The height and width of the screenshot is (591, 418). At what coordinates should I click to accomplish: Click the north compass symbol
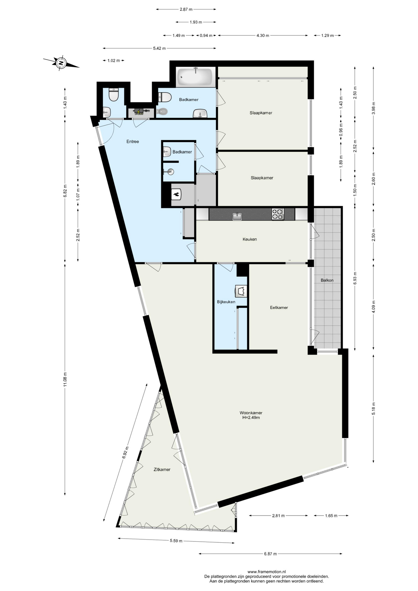pyautogui.click(x=61, y=63)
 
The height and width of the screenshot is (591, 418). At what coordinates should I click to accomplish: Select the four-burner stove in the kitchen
pyautogui.click(x=278, y=214)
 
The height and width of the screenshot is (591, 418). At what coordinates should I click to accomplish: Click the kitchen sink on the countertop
pyautogui.click(x=237, y=216)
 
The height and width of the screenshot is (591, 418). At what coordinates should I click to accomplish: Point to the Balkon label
pyautogui.click(x=327, y=280)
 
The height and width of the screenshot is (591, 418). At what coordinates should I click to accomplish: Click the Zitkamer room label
pyautogui.click(x=162, y=469)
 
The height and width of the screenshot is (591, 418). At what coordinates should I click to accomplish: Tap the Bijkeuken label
pyautogui.click(x=226, y=302)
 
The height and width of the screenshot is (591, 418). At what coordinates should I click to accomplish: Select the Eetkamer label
pyautogui.click(x=279, y=307)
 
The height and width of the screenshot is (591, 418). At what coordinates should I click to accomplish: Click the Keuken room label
pyautogui.click(x=250, y=239)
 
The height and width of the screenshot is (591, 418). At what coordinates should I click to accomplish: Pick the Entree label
pyautogui.click(x=133, y=141)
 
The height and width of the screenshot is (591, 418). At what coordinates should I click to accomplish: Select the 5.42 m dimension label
pyautogui.click(x=159, y=48)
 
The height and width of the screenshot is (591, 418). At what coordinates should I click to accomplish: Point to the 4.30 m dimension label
pyautogui.click(x=263, y=35)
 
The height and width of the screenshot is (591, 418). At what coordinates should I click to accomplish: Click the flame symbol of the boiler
pyautogui.click(x=176, y=194)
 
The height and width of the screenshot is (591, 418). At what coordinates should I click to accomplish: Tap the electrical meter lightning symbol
pyautogui.click(x=139, y=112)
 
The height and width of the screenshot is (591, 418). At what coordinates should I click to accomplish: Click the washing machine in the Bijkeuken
pyautogui.click(x=241, y=291)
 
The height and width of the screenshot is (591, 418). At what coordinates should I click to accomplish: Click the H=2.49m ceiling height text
pyautogui.click(x=251, y=418)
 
